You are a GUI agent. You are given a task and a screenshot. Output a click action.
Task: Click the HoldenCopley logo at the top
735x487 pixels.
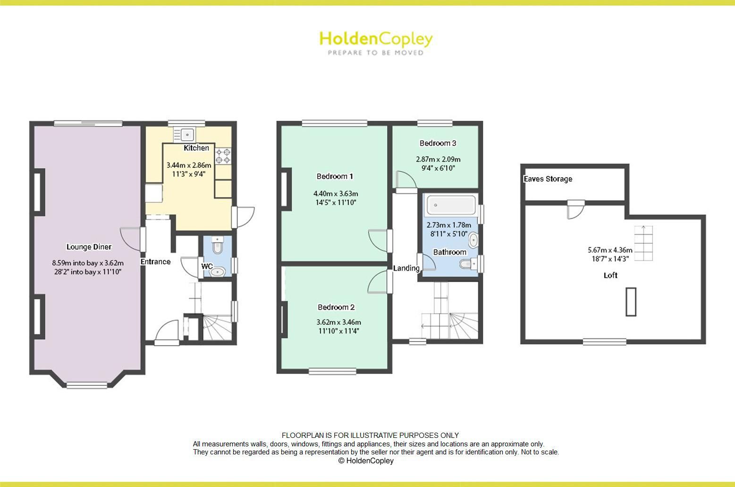coord(376,39)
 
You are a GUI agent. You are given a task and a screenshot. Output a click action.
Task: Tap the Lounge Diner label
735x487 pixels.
coord(89,247)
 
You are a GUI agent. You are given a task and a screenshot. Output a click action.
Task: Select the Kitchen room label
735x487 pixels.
coord(196,148)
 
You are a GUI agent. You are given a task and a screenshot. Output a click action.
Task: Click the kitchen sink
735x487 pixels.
coord(187,135)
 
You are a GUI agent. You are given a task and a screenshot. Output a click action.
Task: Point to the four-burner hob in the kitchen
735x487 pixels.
coord(223,156)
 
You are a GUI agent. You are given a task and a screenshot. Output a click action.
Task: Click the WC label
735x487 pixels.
coord(207,266)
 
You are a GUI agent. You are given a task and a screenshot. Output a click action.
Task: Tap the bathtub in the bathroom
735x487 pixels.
coord(451,205)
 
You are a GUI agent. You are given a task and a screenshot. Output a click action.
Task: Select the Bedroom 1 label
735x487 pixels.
coord(335,176)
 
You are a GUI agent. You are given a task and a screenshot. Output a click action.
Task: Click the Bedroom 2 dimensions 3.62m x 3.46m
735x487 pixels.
coord(338,322)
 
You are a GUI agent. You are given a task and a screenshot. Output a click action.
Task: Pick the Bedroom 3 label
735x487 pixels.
coord(438,143)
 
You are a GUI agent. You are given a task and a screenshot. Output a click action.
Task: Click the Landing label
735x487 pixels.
coord(406,268)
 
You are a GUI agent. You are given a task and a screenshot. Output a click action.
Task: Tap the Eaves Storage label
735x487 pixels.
coord(548,179)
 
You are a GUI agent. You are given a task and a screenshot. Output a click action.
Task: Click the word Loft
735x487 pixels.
coord(610,275)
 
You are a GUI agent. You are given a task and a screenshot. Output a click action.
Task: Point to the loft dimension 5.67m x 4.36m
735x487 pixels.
coord(610,250)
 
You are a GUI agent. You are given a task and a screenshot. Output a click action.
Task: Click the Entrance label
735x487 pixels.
coord(155,262)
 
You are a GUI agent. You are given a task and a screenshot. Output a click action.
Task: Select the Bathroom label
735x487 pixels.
coord(449,252)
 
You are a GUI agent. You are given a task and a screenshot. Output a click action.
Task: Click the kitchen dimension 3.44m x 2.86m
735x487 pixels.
coord(189,165)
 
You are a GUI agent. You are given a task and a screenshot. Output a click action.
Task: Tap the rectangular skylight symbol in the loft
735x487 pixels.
coord(631,301)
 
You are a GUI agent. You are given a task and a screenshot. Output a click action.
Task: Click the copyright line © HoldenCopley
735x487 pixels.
coord(366,461)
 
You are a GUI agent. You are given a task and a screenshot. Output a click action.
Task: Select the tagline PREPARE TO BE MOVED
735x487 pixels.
coord(376,53)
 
